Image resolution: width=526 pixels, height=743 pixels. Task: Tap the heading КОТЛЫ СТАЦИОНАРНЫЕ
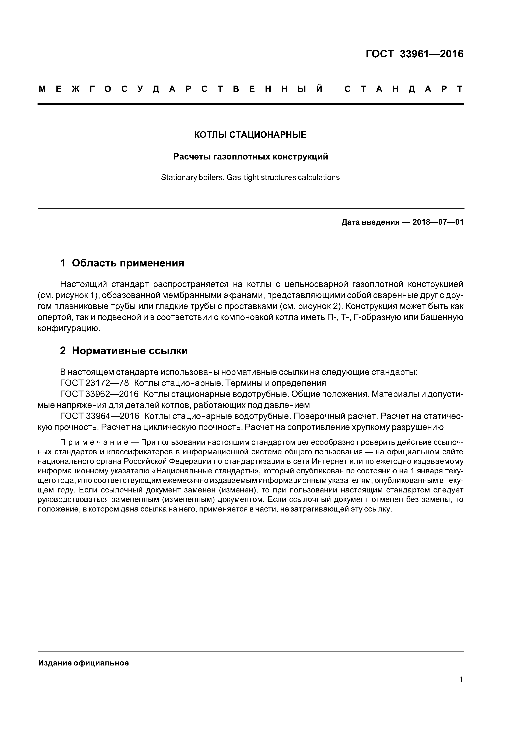(250, 135)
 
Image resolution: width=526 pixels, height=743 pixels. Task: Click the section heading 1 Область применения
(122, 263)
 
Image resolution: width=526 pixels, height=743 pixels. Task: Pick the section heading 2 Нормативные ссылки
(124, 351)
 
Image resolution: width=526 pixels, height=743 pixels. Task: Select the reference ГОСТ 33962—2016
(99, 394)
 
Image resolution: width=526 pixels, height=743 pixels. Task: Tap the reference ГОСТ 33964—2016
(99, 416)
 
